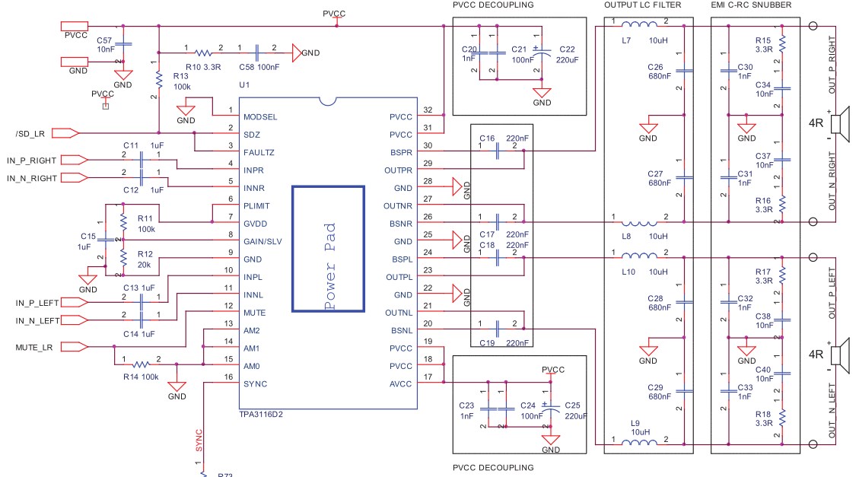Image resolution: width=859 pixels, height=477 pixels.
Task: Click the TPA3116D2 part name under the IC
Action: pyautogui.click(x=261, y=415)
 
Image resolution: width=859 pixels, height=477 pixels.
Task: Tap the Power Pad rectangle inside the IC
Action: pyautogui.click(x=328, y=187)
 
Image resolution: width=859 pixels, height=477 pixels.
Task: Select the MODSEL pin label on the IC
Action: pyautogui.click(x=260, y=116)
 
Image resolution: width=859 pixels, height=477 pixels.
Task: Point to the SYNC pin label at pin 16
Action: pyautogui.click(x=256, y=384)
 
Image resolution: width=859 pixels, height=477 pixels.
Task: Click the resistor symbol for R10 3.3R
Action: pyautogui.click(x=203, y=53)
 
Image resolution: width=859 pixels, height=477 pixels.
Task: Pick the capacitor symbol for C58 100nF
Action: pyautogui.click(x=257, y=53)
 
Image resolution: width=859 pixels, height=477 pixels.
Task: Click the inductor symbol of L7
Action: pyautogui.click(x=639, y=24)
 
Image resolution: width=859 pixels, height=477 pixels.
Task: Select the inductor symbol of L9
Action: pyautogui.click(x=639, y=443)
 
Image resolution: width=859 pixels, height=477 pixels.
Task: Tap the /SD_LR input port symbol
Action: pyautogui.click(x=65, y=133)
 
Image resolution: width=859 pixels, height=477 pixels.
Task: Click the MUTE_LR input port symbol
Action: pyautogui.click(x=74, y=347)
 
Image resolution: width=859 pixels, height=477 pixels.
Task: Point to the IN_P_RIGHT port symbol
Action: pyautogui.click(x=74, y=160)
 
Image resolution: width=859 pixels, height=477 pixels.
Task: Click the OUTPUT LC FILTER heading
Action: pyautogui.click(x=643, y=5)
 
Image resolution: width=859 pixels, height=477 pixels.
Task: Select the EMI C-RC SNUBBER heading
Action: pyautogui.click(x=751, y=5)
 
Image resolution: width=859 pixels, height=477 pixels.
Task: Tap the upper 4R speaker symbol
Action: pyautogui.click(x=840, y=124)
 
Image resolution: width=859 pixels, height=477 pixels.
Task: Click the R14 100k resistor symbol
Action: pyautogui.click(x=141, y=364)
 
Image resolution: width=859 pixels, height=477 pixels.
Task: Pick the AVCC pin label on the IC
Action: pyautogui.click(x=400, y=384)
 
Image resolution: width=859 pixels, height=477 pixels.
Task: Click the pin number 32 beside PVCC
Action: pyautogui.click(x=428, y=110)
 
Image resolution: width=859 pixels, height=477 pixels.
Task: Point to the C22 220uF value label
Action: pyautogui.click(x=567, y=59)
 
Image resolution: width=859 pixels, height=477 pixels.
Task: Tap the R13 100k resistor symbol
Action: pyautogui.click(x=159, y=80)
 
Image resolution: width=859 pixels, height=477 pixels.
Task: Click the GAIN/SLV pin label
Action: pyautogui.click(x=262, y=241)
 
